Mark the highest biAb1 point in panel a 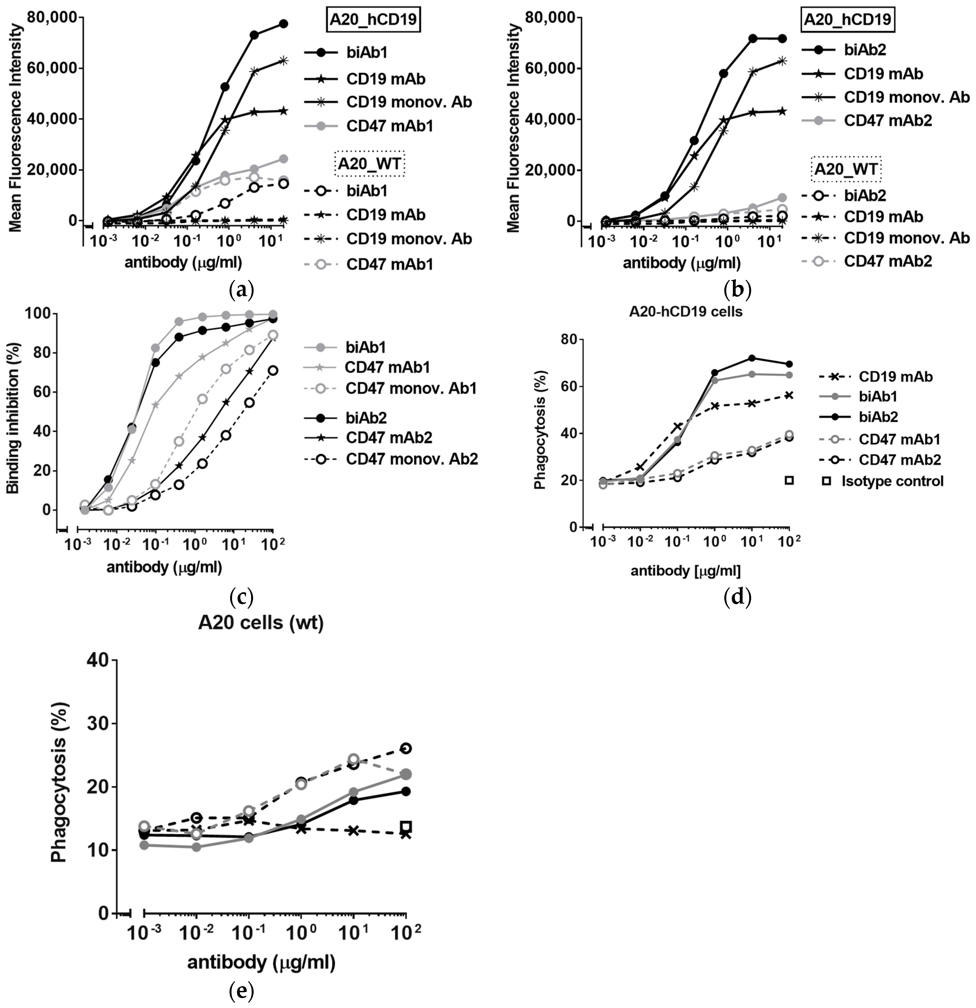click(x=283, y=24)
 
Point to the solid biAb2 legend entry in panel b click(x=864, y=50)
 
